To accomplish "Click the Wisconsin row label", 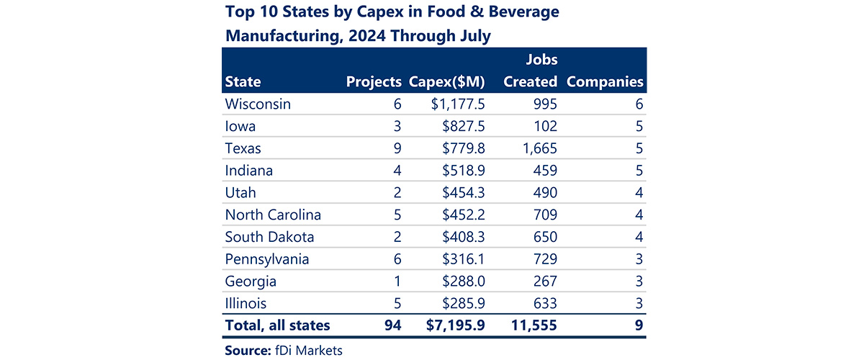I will click(x=258, y=104).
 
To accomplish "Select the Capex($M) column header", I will click(x=446, y=81).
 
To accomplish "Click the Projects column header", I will click(x=373, y=81).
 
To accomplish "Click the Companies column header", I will click(x=605, y=81).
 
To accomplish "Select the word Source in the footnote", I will click(x=248, y=350).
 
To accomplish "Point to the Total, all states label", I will click(x=277, y=325).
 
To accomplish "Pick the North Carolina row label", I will click(x=273, y=215).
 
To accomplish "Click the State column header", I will click(x=243, y=81).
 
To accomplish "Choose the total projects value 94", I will click(x=391, y=325).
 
